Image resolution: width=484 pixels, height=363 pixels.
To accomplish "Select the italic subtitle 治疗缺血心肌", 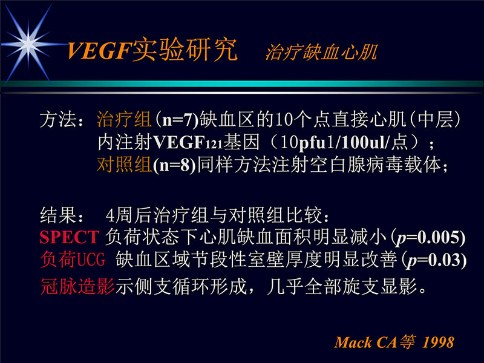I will (x=321, y=53).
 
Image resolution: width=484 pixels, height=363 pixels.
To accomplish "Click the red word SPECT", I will (x=69, y=237).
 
